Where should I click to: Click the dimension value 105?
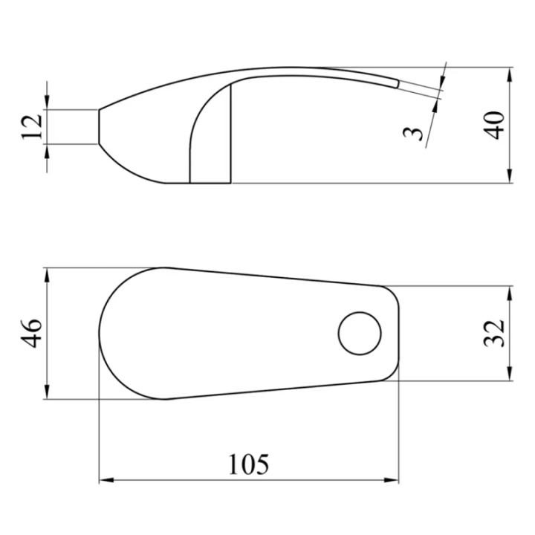(x=248, y=464)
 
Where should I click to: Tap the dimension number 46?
(x=31, y=334)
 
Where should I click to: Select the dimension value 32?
(x=494, y=334)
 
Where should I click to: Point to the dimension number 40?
(x=494, y=126)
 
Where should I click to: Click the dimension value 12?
(x=31, y=126)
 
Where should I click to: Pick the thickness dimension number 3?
(x=413, y=134)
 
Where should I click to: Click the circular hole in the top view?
(x=360, y=334)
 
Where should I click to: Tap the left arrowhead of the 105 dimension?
(x=106, y=480)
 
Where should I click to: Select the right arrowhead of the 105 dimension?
(x=392, y=480)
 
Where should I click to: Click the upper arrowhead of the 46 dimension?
(x=47, y=275)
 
